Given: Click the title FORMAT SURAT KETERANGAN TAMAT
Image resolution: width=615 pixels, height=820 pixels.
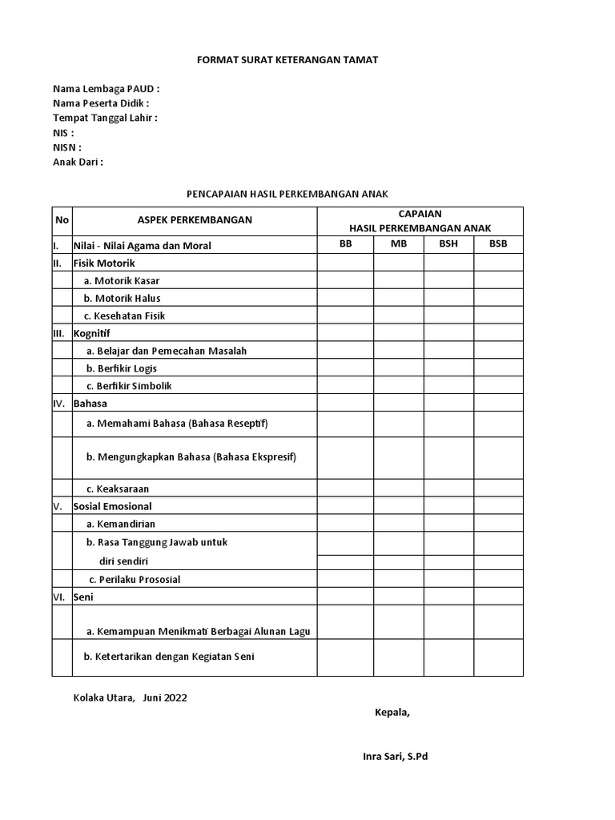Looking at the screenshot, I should [287, 61].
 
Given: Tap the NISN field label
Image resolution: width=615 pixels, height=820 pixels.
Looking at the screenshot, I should [67, 147].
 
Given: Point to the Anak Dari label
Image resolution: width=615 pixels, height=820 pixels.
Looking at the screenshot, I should [78, 162].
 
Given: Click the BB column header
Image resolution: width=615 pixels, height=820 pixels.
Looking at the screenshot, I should [346, 244].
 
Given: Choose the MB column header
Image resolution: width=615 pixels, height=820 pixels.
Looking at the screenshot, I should [399, 244].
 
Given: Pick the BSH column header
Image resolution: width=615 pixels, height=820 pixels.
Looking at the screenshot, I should [448, 244].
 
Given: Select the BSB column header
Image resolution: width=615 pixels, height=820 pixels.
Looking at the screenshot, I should [498, 244].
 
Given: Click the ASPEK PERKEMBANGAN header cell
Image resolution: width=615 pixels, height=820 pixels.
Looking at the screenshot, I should [195, 220].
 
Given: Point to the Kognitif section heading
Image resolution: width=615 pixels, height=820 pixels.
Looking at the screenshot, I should [92, 333].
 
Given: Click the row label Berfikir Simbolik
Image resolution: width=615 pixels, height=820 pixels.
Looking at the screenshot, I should [129, 386].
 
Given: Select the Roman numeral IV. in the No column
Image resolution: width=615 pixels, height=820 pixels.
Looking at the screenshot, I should [58, 404].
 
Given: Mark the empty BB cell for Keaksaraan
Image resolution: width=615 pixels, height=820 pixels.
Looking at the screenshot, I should [346, 488].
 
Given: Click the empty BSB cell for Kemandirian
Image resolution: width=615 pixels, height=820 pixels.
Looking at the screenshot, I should [498, 524].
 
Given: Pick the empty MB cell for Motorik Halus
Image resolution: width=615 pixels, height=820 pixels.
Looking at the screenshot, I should [399, 298].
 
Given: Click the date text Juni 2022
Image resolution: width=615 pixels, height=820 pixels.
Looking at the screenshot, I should [165, 697].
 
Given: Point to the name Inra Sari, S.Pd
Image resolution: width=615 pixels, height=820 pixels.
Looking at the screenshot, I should [396, 756].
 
